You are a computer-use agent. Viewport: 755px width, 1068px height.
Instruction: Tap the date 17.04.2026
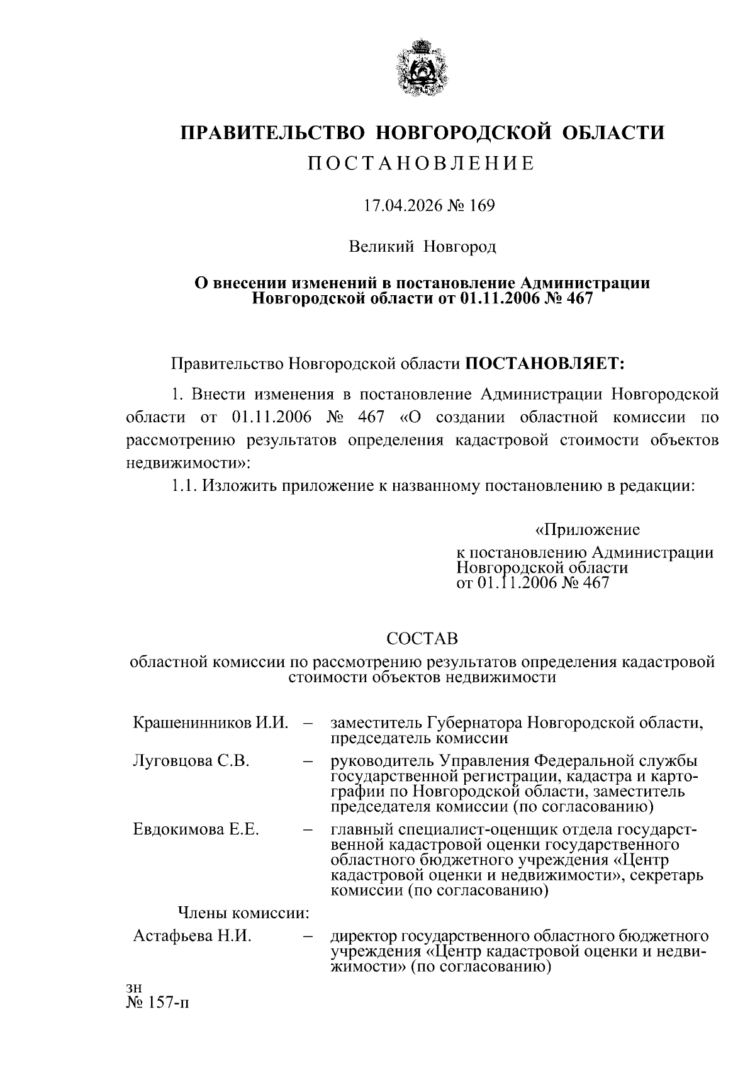400,206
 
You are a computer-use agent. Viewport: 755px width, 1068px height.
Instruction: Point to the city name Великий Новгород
423,246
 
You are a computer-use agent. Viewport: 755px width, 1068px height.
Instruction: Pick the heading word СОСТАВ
422,639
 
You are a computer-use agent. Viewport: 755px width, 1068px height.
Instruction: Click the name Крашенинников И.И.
211,722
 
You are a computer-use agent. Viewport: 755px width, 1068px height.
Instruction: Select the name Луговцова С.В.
191,761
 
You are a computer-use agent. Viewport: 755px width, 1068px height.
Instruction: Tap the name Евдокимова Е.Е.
196,829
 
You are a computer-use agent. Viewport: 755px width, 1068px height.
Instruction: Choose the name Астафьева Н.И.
192,936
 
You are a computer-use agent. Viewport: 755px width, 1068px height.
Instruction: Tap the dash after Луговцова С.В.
308,762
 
